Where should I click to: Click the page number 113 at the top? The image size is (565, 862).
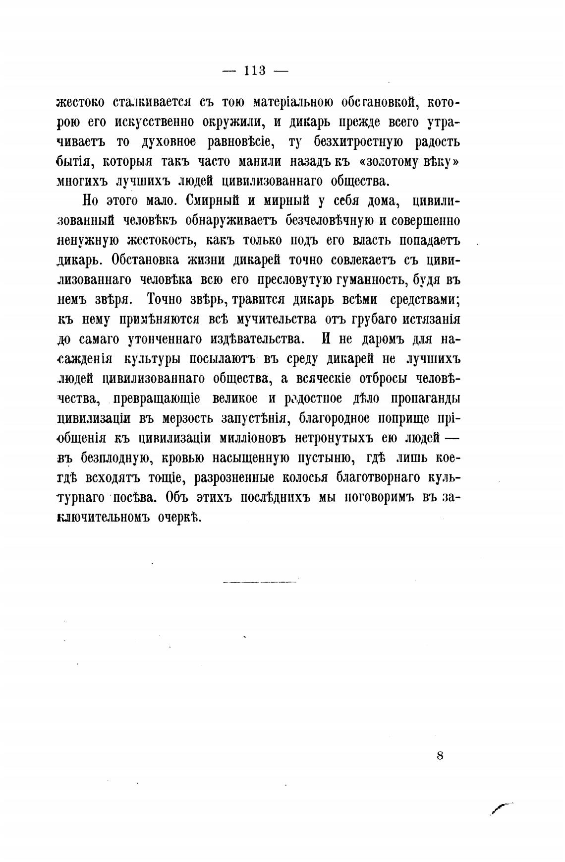[255, 71]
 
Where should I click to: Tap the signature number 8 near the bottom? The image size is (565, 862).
[440, 756]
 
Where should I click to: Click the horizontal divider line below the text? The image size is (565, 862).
[260, 582]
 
